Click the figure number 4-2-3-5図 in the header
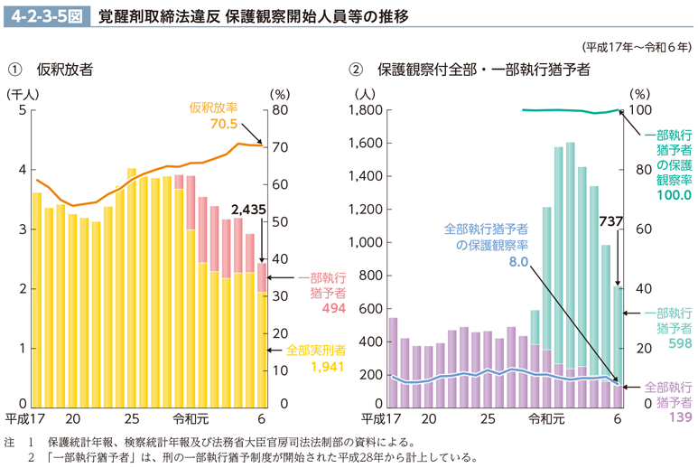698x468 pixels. (46, 15)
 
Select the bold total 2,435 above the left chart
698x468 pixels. (247, 210)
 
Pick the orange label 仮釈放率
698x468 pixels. (213, 108)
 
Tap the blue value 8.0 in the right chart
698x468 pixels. (517, 262)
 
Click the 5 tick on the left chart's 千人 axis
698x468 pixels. (22, 110)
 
